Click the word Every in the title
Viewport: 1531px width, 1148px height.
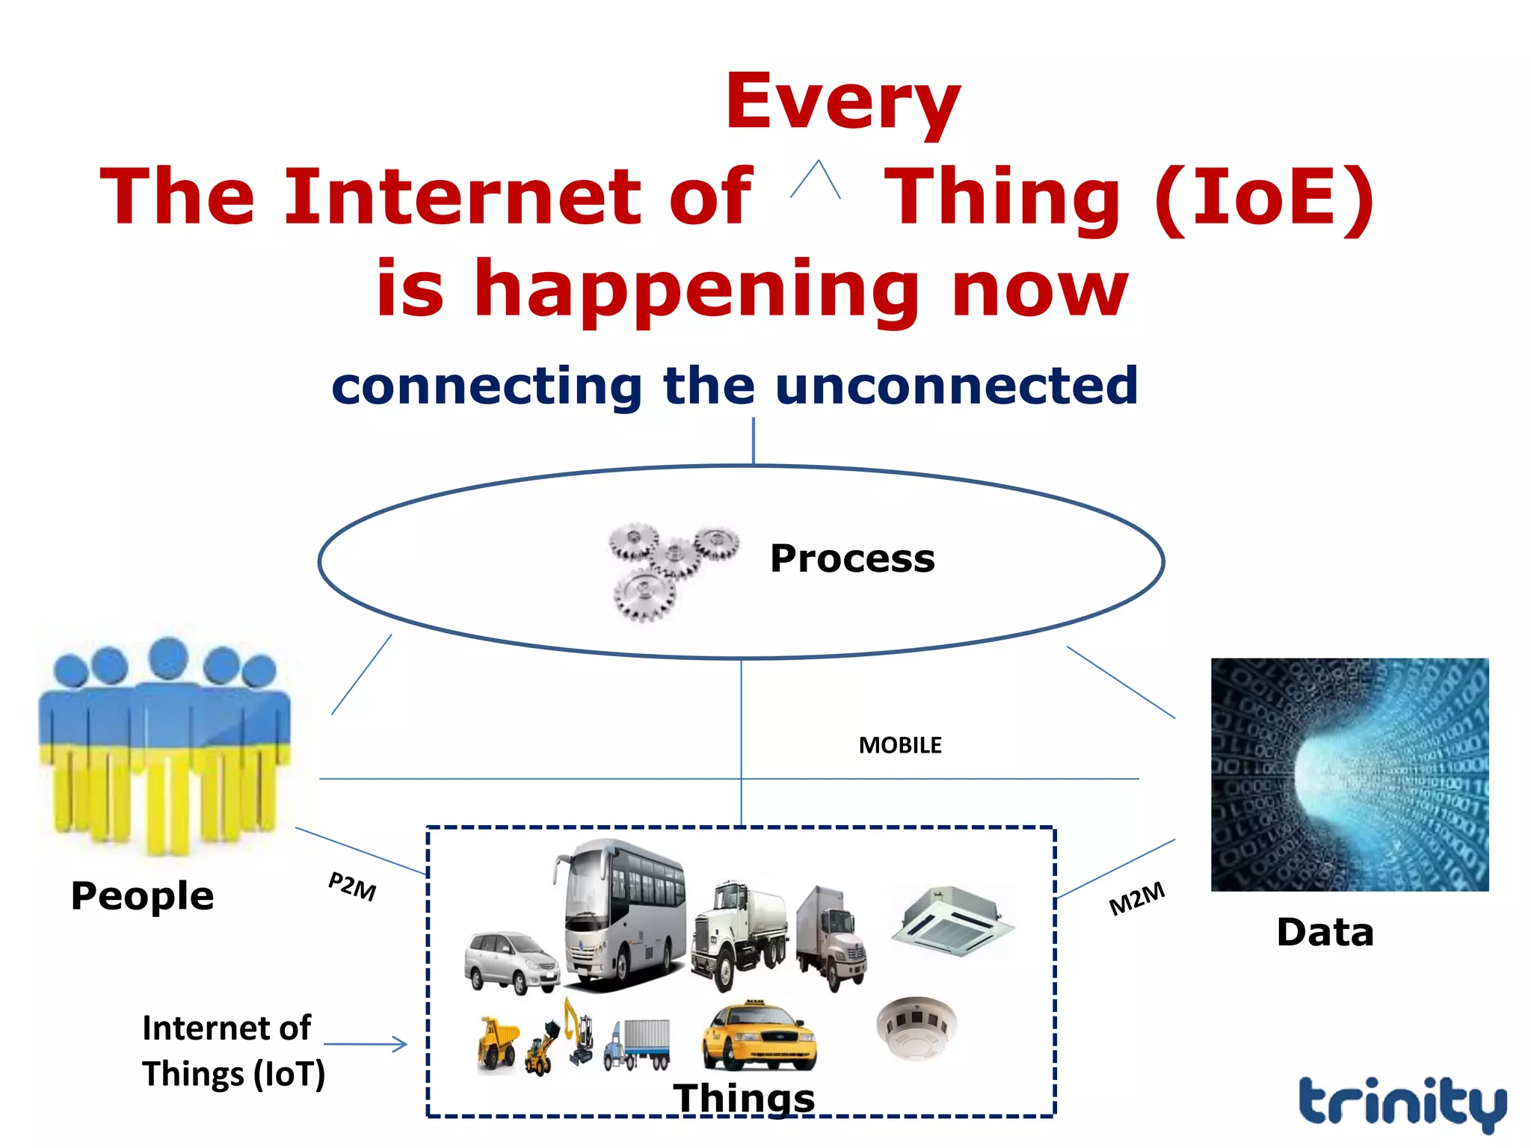(x=842, y=103)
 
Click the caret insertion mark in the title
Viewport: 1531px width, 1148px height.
(x=816, y=180)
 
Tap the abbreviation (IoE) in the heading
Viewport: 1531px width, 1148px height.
(x=1264, y=197)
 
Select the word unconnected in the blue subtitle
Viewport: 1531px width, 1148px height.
(x=957, y=386)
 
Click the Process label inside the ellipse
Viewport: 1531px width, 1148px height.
(x=852, y=558)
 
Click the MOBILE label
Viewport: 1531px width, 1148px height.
(x=899, y=745)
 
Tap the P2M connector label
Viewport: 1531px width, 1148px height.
(x=352, y=886)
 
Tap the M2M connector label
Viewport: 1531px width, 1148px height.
(x=1136, y=898)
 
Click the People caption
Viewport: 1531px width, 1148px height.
(x=142, y=895)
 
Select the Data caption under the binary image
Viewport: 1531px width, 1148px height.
(x=1325, y=932)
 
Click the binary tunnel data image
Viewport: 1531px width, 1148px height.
(x=1349, y=774)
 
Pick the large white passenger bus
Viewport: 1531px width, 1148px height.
(x=623, y=916)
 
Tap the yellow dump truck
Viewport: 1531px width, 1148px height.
(x=497, y=1042)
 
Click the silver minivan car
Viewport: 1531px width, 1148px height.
(x=511, y=961)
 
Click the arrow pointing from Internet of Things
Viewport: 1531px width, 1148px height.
(x=366, y=1044)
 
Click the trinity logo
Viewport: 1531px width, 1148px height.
(x=1402, y=1102)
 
